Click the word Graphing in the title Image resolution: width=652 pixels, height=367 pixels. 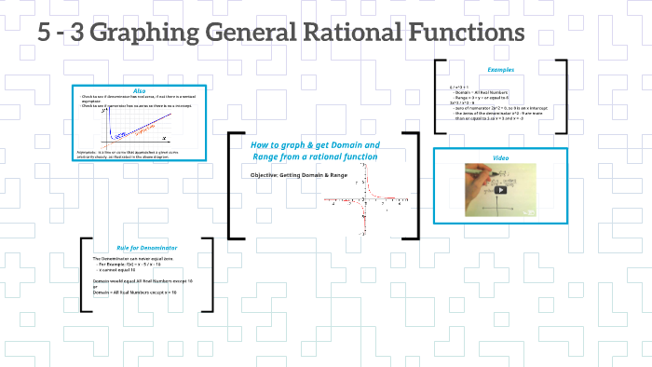pos(151,34)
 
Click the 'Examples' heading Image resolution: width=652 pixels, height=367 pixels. pos(500,69)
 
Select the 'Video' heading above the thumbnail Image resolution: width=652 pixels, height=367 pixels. pos(500,157)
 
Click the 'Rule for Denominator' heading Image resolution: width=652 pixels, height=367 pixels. pos(147,247)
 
